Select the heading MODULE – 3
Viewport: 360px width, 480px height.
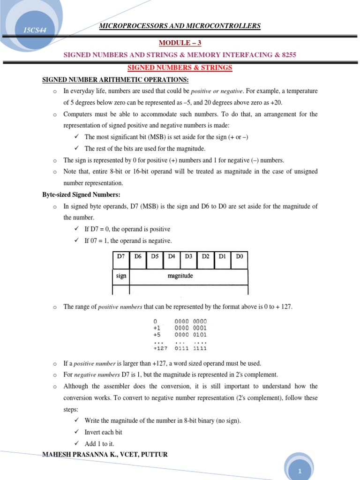(x=180, y=43)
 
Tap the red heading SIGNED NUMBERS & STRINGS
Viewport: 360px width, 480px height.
(x=180, y=67)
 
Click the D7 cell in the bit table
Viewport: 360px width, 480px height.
(x=120, y=256)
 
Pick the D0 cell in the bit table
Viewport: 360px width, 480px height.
(x=239, y=256)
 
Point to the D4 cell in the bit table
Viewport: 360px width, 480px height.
(x=172, y=256)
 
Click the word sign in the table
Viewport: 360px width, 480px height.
(x=121, y=276)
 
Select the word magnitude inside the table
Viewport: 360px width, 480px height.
(x=180, y=276)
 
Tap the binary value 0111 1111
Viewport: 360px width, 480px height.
(x=190, y=348)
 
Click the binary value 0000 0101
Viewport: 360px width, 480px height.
(x=190, y=335)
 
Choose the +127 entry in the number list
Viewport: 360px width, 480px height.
(x=160, y=348)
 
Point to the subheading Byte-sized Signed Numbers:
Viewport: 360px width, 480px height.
(x=82, y=195)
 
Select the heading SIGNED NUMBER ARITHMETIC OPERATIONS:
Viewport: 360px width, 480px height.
(x=115, y=80)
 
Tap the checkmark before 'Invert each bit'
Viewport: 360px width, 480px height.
(x=77, y=432)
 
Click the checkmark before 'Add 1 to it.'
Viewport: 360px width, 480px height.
(x=77, y=443)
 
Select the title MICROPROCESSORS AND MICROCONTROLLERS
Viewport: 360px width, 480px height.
(x=180, y=26)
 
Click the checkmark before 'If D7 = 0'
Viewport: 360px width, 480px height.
(x=77, y=229)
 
